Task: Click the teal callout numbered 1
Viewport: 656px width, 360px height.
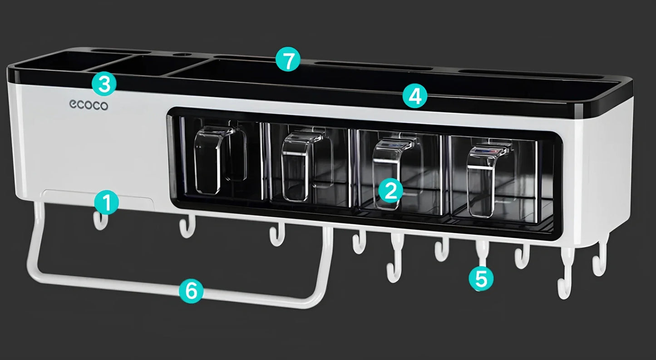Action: (x=106, y=202)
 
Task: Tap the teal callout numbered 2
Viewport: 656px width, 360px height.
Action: (x=391, y=191)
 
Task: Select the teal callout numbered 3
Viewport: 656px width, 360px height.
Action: (x=104, y=84)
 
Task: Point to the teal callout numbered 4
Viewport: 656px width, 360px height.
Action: (x=414, y=96)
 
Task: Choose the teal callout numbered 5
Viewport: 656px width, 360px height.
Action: (x=481, y=278)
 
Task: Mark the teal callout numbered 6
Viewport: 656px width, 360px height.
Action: (x=191, y=291)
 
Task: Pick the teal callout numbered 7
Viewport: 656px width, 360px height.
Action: (x=288, y=60)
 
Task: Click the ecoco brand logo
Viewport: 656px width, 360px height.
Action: (x=89, y=105)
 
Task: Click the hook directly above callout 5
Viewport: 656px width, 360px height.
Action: (x=482, y=252)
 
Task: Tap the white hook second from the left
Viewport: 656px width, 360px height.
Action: (x=187, y=227)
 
